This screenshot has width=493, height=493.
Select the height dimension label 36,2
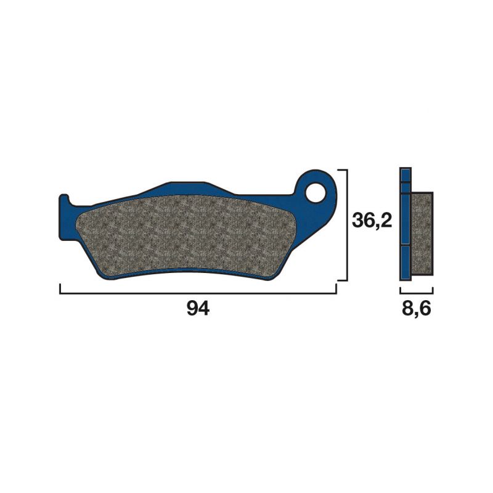click(x=372, y=221)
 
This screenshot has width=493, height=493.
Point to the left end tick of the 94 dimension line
click(x=59, y=289)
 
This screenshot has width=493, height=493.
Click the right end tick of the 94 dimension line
click(x=336, y=289)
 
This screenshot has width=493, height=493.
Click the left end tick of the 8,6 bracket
click(x=400, y=289)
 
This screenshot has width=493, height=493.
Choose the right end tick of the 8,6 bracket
click(x=433, y=289)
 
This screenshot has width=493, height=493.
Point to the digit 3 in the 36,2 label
click(x=358, y=221)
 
